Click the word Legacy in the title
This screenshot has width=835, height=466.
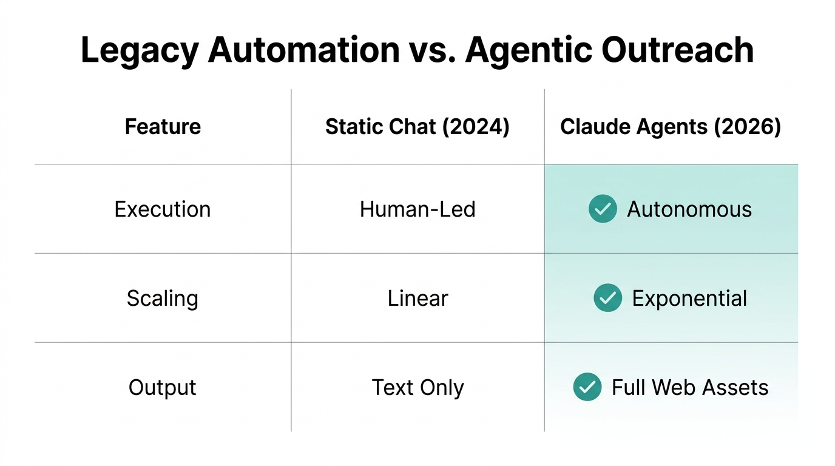[x=139, y=50]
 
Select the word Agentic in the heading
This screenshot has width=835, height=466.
[x=527, y=50]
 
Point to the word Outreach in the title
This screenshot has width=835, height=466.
[x=678, y=50]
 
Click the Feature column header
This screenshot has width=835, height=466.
[x=163, y=127]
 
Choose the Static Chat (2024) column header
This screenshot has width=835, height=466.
[x=417, y=127]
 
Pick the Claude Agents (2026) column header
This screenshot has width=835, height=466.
[x=671, y=127]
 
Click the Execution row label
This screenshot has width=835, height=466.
[x=163, y=209]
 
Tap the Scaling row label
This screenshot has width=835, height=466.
[x=163, y=299]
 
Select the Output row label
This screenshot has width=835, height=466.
[x=163, y=388]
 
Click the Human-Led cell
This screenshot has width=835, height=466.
[x=417, y=209]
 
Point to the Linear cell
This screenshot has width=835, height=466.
[x=417, y=299]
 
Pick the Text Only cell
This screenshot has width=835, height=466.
[x=417, y=388]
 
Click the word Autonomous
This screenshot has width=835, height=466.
[x=689, y=209]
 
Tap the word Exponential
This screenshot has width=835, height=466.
[x=689, y=299]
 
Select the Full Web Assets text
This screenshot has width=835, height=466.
[x=690, y=388]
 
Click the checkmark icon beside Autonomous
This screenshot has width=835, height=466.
[x=603, y=209]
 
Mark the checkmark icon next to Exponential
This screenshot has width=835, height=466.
[x=607, y=298]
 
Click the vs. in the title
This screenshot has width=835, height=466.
[x=431, y=50]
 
